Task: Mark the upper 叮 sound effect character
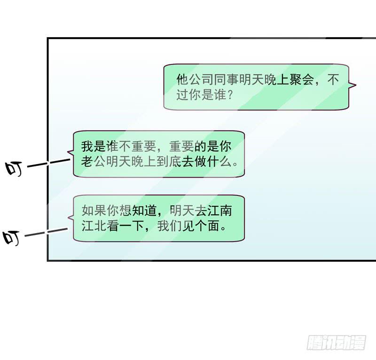click(x=15, y=169)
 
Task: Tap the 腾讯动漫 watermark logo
click(x=336, y=342)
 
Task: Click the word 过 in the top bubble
click(x=181, y=94)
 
